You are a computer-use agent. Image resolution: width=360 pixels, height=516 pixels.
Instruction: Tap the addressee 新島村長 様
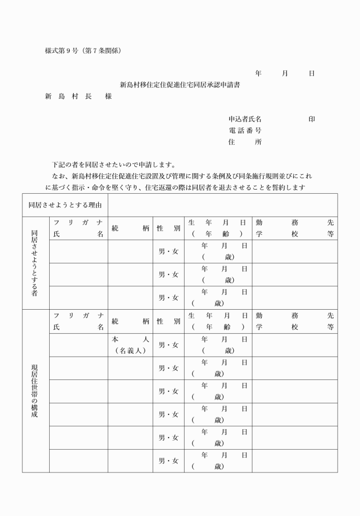point(78,96)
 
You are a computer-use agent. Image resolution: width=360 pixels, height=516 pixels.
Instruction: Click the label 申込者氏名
point(245,119)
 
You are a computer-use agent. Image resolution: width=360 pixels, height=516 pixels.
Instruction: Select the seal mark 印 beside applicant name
point(311,119)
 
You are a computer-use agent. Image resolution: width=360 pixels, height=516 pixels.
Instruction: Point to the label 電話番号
point(245,131)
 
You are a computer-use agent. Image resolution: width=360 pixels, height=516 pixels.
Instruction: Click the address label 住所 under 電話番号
point(245,142)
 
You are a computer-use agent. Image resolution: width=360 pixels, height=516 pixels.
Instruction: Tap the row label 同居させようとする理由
point(65,205)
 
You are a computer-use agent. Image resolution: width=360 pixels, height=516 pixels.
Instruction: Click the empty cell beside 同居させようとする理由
point(222,205)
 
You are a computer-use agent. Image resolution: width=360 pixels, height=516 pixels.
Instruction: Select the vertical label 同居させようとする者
point(35,263)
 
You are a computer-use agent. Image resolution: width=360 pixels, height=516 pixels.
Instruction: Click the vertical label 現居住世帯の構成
point(35,391)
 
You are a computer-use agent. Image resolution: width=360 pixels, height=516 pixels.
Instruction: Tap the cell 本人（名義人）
point(130,345)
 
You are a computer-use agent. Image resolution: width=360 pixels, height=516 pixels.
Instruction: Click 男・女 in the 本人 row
point(169,345)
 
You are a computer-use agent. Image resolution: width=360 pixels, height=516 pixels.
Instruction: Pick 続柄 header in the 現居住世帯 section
point(130,321)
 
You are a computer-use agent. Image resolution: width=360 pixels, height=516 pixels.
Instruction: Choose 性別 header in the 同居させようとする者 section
point(169,228)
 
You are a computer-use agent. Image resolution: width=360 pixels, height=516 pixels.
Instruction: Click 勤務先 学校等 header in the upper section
point(294,228)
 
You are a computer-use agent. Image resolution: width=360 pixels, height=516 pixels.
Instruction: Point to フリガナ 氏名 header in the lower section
point(78,321)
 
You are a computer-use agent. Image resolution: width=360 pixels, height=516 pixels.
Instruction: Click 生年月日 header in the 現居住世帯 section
point(218,321)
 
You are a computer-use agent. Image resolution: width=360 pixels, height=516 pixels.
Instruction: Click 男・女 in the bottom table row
point(169,461)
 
